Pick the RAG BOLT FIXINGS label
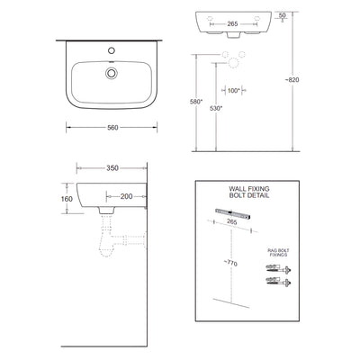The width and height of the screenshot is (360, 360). (275, 254)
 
